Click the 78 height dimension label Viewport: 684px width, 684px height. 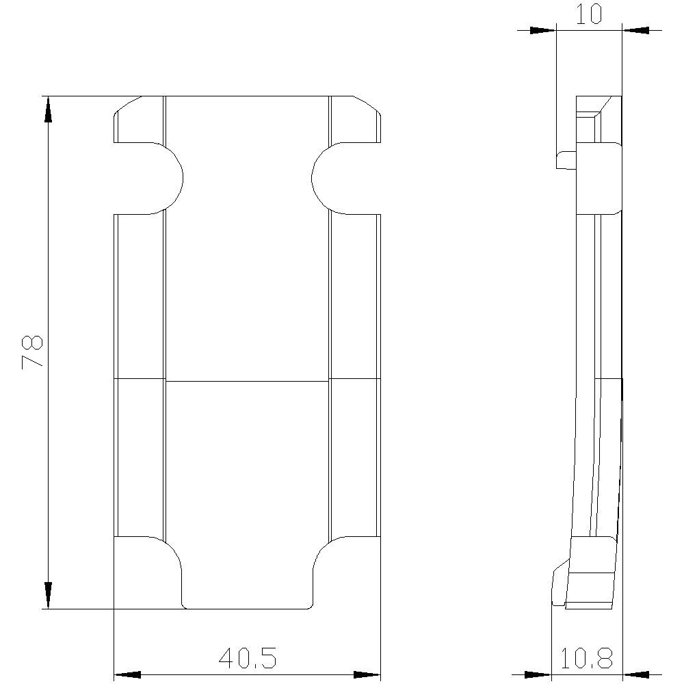coord(33,352)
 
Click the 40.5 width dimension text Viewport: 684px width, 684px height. coord(248,659)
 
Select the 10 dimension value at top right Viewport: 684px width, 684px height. coord(589,14)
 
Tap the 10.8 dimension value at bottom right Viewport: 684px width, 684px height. coord(586,659)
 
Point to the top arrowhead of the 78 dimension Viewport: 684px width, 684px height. coord(48,109)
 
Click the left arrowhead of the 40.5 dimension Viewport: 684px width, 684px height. coord(127,675)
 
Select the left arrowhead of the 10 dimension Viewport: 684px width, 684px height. coord(542,30)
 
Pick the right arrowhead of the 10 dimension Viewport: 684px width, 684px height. coord(636,30)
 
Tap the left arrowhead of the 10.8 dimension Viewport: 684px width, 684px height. coord(538,675)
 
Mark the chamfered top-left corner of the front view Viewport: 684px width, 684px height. coord(126,107)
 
